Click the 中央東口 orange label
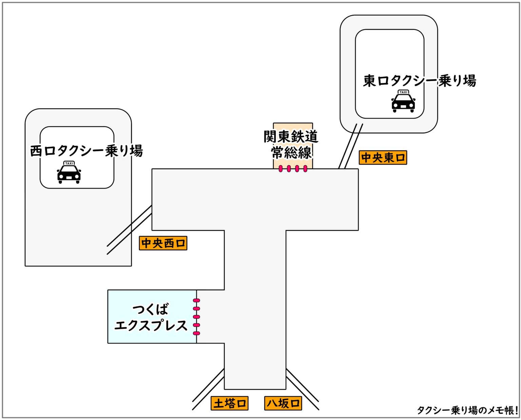pos(383,158)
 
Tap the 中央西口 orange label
pos(163,243)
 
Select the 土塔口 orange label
pos(229,403)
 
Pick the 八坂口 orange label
pos(283,403)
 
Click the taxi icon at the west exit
pos(69,173)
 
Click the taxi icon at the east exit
pos(403,102)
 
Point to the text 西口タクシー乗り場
pos(86,151)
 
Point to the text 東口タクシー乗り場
pos(420,81)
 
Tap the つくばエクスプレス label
pos(151,318)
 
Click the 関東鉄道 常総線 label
pos(291,145)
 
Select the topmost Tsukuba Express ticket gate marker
pos(196,301)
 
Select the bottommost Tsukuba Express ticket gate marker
pos(196,333)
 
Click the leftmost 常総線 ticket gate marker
pos(281,169)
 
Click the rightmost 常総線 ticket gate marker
pos(305,169)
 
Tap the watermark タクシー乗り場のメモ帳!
pos(467,410)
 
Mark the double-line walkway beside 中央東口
pos(351,146)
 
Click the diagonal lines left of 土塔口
pos(208,389)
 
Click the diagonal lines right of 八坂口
pos(302,389)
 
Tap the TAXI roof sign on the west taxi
pos(69,163)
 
